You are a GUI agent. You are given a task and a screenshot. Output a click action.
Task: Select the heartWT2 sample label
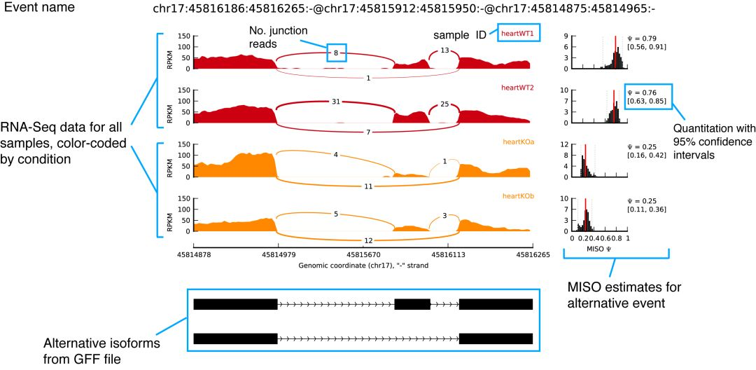517,88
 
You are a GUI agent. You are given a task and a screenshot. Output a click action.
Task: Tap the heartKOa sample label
517,142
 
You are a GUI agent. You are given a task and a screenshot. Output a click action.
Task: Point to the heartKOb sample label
517,197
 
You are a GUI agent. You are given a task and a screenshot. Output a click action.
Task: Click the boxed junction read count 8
336,52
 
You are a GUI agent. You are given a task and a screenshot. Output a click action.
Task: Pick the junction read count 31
336,102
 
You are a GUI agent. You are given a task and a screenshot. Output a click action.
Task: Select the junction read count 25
444,104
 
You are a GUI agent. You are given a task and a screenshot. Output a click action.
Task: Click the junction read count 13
444,50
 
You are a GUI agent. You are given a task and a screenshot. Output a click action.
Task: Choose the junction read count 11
369,186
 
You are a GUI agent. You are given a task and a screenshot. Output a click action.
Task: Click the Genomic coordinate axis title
363,266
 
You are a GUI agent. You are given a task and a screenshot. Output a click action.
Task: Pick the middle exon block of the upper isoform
412,304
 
